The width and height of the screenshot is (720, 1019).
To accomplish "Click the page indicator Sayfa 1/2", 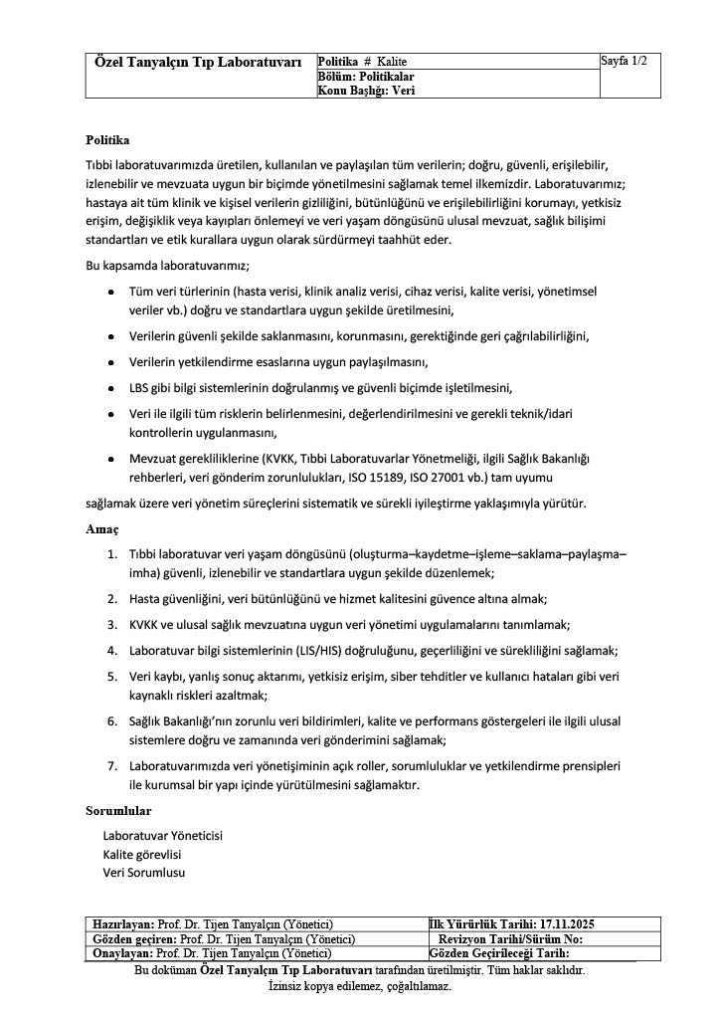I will tap(624, 62).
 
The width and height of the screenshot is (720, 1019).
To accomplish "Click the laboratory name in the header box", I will tap(198, 63).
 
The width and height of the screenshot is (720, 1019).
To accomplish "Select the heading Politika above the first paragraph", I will tap(107, 139).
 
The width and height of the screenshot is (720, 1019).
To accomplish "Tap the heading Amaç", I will tap(102, 529).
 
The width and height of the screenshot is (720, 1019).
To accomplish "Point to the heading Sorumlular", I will tap(118, 811).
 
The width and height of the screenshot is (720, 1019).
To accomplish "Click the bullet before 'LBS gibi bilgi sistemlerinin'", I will tap(109, 388).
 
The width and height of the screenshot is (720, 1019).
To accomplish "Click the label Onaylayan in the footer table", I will tap(121, 952).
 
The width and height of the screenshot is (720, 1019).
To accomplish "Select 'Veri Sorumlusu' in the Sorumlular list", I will tap(144, 873).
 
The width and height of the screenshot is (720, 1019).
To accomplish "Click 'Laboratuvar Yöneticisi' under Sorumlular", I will tap(162, 836).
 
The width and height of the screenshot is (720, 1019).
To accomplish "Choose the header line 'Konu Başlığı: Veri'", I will tap(366, 90).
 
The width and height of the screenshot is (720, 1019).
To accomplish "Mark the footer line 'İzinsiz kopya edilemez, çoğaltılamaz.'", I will tap(359, 986).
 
